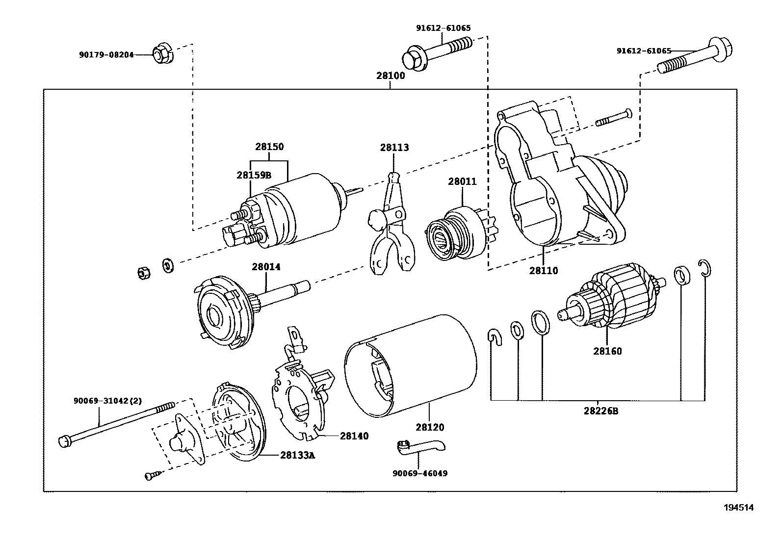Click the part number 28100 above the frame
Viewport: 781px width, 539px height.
coord(390,76)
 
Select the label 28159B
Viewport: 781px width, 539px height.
coord(254,175)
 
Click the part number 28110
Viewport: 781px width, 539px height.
coord(543,270)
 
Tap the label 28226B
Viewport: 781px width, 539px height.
coord(601,411)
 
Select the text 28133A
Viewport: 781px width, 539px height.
coord(297,455)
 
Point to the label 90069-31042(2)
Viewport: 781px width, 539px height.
coord(107,401)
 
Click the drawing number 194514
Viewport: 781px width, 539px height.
coord(738,508)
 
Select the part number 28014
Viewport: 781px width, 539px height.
coord(266,267)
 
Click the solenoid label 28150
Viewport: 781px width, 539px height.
coord(269,147)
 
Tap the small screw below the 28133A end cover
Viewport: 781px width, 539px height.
coord(151,475)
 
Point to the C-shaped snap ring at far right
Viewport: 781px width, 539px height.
coord(705,269)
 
